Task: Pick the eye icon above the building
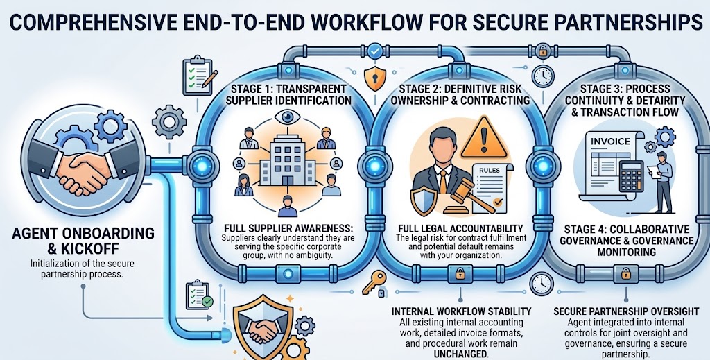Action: [x=287, y=117]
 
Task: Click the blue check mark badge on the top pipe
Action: [x=375, y=51]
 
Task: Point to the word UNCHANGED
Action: [x=461, y=354]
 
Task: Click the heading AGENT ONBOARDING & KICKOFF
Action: [x=83, y=241]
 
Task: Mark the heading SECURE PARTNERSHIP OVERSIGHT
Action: [x=626, y=311]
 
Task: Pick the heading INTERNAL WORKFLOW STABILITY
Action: [x=461, y=311]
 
